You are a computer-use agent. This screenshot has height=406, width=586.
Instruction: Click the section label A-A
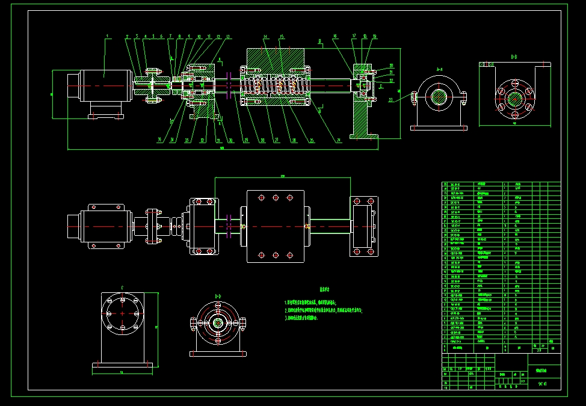pos(439,69)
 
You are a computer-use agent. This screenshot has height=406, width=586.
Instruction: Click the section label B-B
pos(514,57)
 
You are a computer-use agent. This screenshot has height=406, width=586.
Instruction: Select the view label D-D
pos(218,296)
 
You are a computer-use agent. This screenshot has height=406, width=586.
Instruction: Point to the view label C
pos(122,288)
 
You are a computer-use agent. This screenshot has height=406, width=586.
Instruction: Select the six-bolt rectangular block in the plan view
pos(276,226)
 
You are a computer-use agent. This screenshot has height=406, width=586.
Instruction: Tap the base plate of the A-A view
pos(439,128)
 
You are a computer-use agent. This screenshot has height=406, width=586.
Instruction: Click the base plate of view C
pos(125,365)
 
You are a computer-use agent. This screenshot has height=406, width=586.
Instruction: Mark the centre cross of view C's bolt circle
pos(122,313)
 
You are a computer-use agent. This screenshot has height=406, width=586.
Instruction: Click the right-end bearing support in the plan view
pos(364,226)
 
